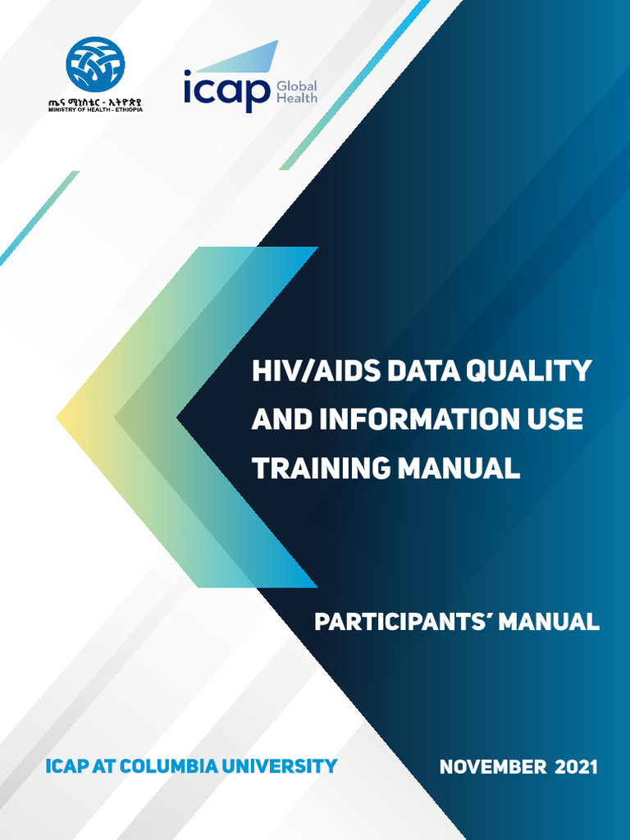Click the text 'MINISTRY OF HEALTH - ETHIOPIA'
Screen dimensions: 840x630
95,110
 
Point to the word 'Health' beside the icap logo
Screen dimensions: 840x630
297,98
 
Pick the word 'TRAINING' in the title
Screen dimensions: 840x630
321,468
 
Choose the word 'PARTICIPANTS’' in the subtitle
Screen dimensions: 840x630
403,622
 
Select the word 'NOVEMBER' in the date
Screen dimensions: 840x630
492,768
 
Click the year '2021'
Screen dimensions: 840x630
577,768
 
